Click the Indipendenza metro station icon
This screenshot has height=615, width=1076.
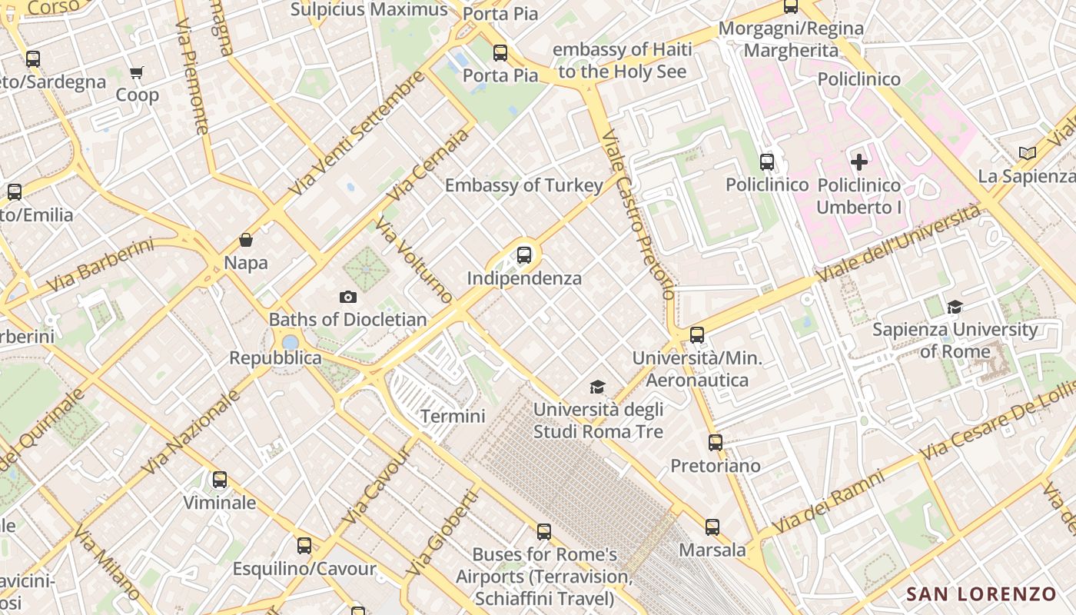(x=524, y=255)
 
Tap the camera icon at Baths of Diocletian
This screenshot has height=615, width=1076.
(x=347, y=298)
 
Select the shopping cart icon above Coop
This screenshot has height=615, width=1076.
(x=137, y=73)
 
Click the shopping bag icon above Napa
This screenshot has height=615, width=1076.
(x=246, y=241)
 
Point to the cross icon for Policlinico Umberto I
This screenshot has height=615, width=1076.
(x=859, y=162)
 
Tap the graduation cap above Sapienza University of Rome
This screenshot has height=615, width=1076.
(x=955, y=307)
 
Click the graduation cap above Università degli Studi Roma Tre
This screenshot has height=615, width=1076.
(x=597, y=387)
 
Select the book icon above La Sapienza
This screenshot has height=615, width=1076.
(x=1028, y=153)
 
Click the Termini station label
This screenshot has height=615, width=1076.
(x=453, y=417)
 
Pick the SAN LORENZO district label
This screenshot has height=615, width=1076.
(x=981, y=594)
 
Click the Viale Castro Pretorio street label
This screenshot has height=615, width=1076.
(x=639, y=214)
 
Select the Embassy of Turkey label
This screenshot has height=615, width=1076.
(x=523, y=185)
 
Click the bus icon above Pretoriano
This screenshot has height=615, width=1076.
(x=716, y=443)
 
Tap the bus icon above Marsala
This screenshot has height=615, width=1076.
(x=712, y=527)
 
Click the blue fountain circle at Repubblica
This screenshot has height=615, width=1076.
(x=290, y=342)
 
